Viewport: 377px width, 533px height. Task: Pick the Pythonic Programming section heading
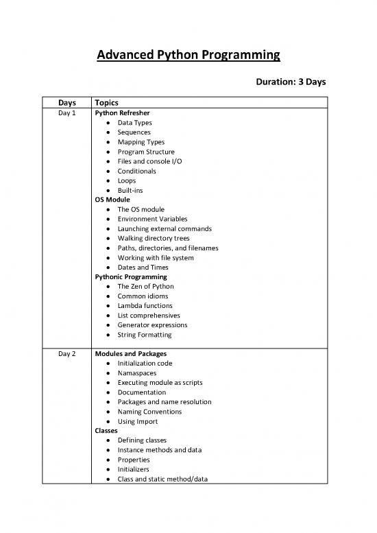coord(131,276)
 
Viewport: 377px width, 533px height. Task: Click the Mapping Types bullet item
coord(141,142)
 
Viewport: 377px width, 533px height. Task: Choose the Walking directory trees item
coord(154,238)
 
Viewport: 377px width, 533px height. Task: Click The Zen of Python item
coord(146,286)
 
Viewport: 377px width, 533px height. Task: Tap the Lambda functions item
coord(145,305)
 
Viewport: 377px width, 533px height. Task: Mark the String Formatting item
coord(144,335)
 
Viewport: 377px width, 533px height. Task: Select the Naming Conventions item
coord(149,411)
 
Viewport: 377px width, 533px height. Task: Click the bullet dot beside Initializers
coord(109,469)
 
